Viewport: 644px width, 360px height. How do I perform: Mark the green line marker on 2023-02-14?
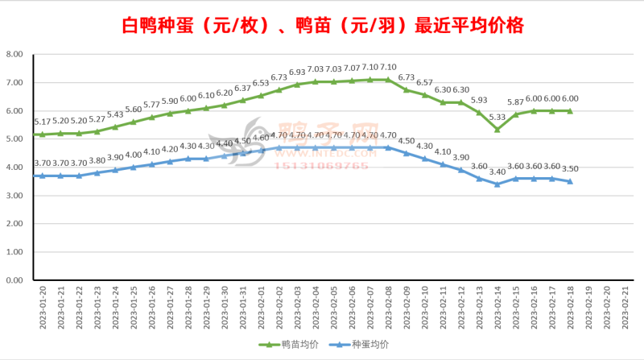497,130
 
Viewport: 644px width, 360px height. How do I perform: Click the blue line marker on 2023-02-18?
570,181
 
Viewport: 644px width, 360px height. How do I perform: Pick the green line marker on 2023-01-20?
41,134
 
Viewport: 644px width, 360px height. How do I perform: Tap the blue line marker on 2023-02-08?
387,147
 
